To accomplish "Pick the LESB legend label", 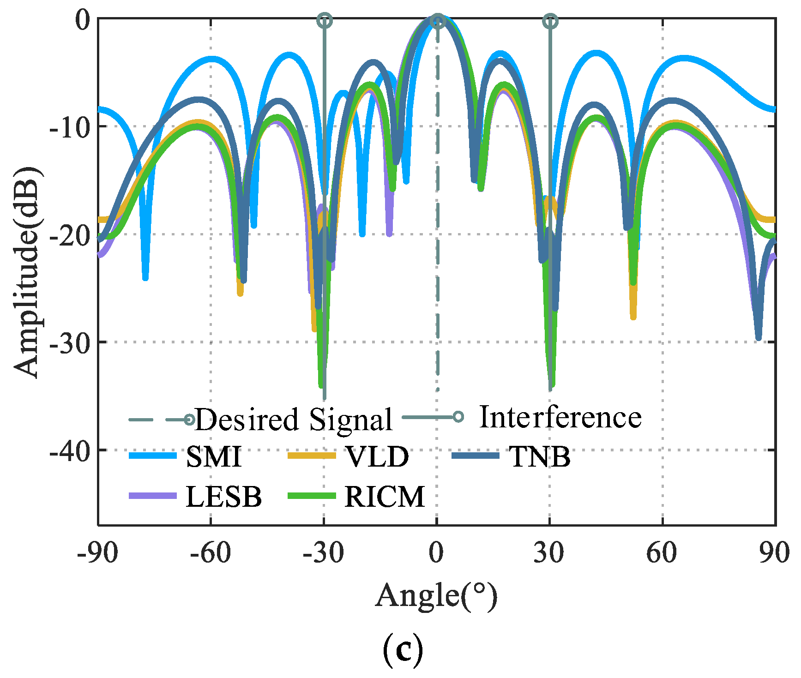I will [x=223, y=497].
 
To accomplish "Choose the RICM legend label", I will [x=384, y=497].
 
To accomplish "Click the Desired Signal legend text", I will [x=294, y=420].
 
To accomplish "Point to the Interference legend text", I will [x=560, y=417].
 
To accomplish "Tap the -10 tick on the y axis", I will [x=69, y=126].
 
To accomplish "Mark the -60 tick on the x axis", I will [x=211, y=552].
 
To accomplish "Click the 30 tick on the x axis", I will [x=549, y=552].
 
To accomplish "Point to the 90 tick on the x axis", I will [x=775, y=552].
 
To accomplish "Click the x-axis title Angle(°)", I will [x=436, y=596].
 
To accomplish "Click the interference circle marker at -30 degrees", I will [x=325, y=21].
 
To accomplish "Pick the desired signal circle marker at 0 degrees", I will [x=438, y=21].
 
